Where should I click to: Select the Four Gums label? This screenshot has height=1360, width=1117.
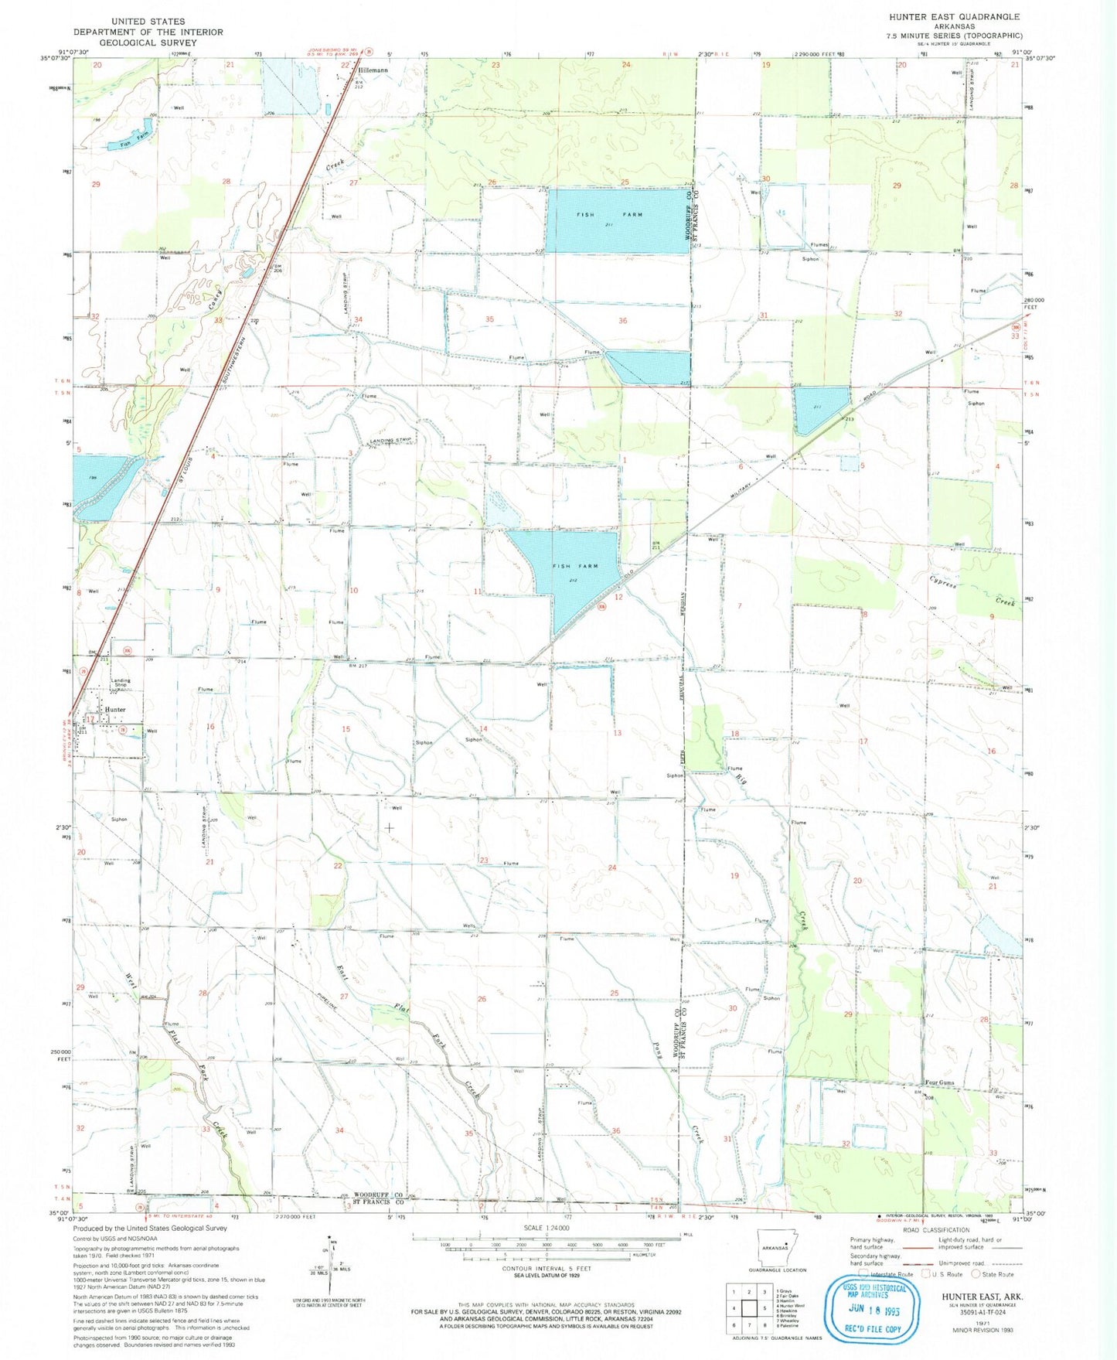[x=940, y=1082]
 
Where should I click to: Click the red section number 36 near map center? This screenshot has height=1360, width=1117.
[x=622, y=320]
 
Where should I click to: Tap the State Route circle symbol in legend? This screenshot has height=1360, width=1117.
[x=977, y=1274]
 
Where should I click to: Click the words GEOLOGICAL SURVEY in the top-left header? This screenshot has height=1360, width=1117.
[x=148, y=43]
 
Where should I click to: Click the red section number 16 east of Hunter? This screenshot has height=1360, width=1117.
[x=209, y=727]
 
